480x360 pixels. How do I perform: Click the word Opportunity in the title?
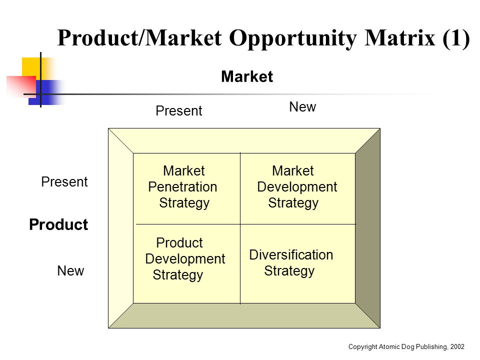[x=293, y=39]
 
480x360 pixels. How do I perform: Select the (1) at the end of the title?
[x=456, y=38]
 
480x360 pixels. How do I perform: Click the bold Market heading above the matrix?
[x=247, y=76]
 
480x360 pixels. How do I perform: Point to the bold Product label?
[x=58, y=224]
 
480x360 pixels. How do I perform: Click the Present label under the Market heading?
[x=179, y=111]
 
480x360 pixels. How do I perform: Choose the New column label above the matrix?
[x=302, y=107]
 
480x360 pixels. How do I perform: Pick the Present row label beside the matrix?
[x=64, y=182]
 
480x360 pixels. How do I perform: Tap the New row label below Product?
[x=70, y=271]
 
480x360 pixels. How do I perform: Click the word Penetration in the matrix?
[x=182, y=186]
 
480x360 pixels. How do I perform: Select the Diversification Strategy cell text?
[x=291, y=263]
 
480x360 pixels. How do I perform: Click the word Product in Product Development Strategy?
[x=179, y=243]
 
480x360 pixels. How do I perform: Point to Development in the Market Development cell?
[x=297, y=187]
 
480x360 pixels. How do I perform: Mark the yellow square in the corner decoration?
[x=31, y=67]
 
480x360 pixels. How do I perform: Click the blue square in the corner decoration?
[x=46, y=92]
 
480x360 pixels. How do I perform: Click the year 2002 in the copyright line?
[x=457, y=346]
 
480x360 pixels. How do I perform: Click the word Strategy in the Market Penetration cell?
[x=184, y=203]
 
